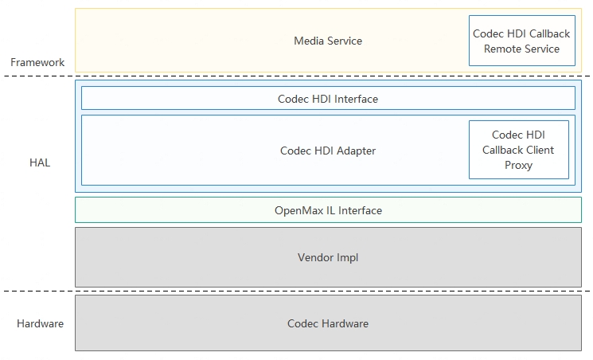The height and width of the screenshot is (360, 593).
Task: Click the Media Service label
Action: click(x=327, y=41)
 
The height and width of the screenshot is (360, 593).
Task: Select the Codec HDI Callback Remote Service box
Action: click(x=521, y=41)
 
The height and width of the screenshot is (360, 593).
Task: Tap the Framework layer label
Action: click(x=37, y=62)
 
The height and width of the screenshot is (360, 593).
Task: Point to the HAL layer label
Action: click(x=39, y=162)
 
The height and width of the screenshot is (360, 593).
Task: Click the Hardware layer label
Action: click(x=40, y=323)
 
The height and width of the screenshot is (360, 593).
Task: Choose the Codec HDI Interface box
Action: click(x=327, y=99)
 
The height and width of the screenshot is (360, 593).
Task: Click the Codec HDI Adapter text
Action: click(x=327, y=151)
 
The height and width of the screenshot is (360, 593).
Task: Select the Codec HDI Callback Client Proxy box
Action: click(x=518, y=150)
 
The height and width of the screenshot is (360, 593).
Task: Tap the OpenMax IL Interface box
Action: click(x=327, y=210)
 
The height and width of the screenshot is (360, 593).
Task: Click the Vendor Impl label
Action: click(x=327, y=257)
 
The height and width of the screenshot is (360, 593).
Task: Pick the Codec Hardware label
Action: click(x=327, y=323)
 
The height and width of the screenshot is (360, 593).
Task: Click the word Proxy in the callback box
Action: click(x=518, y=165)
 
